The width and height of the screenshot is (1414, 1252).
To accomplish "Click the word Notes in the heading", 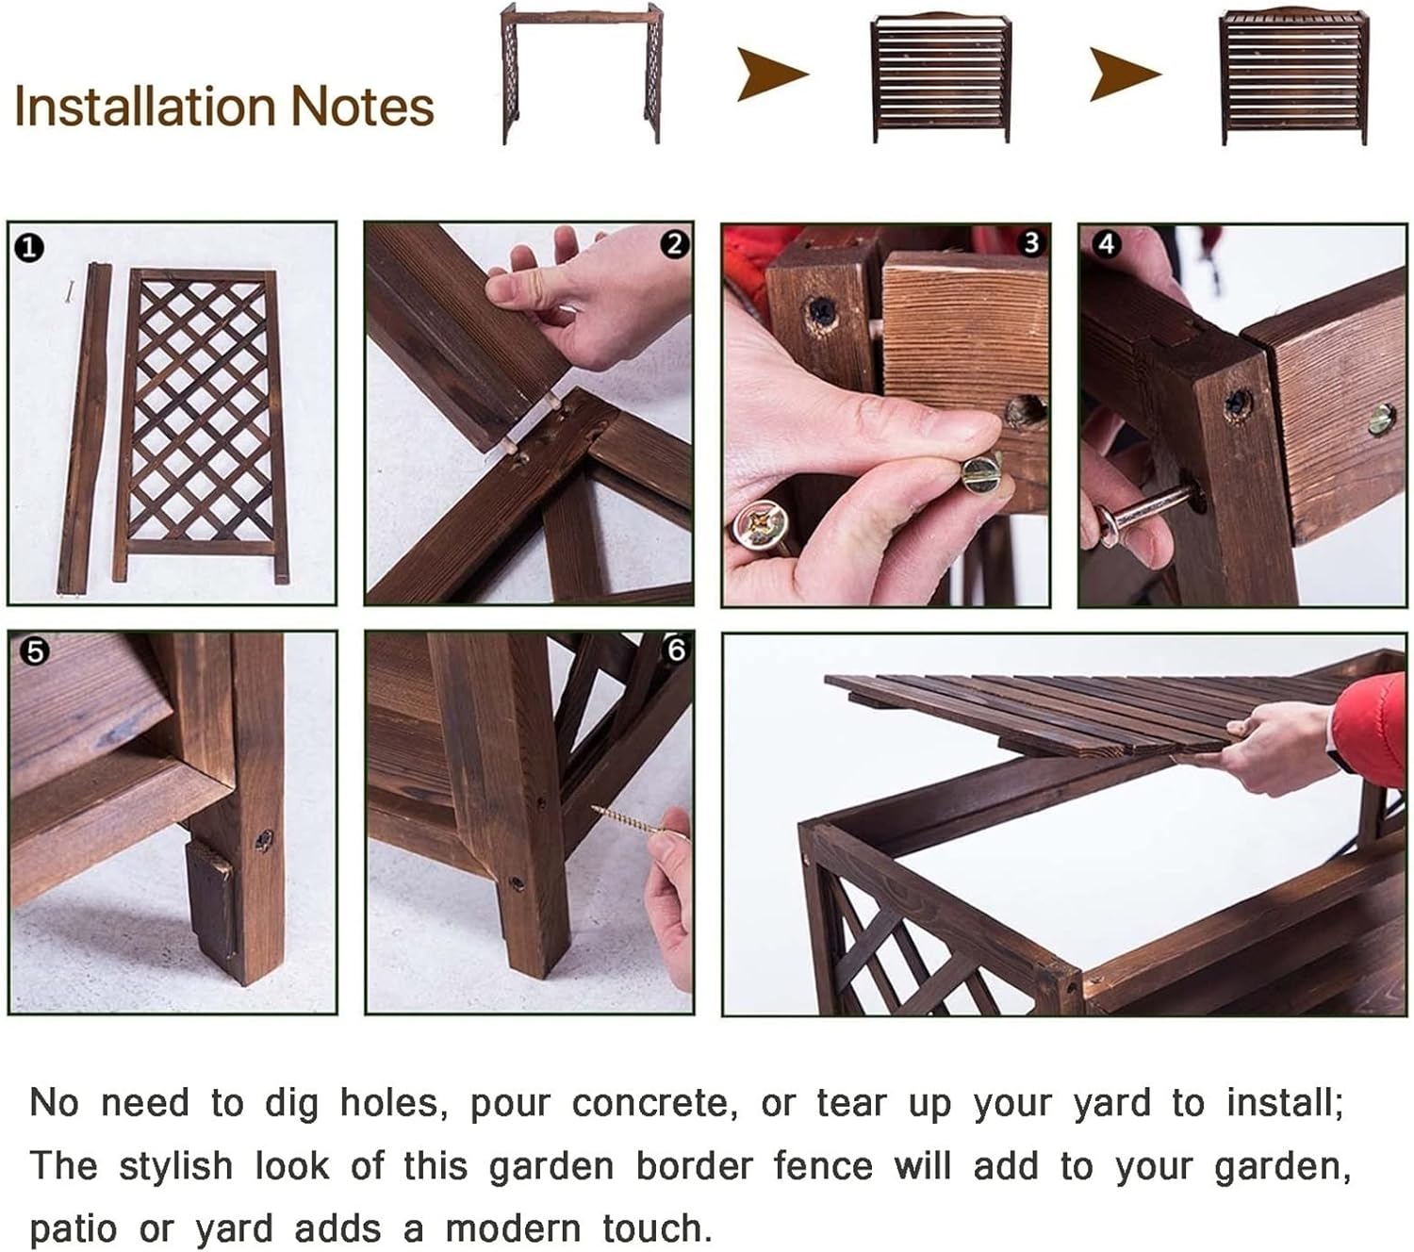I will [362, 107].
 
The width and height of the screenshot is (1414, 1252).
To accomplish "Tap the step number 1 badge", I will [29, 248].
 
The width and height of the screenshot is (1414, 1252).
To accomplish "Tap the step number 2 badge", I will [673, 245].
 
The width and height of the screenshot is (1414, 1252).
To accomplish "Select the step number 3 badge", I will [1030, 243].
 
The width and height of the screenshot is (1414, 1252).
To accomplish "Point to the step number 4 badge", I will [1106, 245].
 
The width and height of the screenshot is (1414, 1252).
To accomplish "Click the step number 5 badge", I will [35, 651].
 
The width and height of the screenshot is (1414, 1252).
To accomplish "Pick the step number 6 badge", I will [675, 651].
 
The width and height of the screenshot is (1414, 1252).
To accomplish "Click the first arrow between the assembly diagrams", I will [771, 74].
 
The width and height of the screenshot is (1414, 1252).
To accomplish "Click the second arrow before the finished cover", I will [1124, 74].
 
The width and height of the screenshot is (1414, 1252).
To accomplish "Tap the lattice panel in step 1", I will [200, 424].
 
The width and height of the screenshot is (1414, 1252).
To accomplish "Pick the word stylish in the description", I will [175, 1166].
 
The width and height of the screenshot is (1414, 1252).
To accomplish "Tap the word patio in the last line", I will [74, 1230].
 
